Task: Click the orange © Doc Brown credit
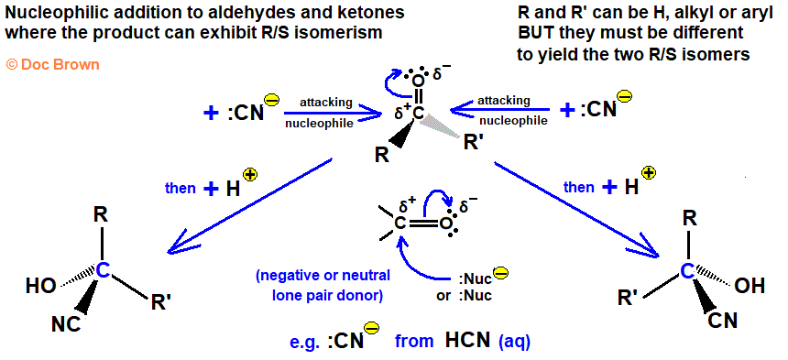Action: tap(53, 64)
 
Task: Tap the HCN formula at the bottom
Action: tap(467, 341)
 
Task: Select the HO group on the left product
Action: tap(41, 286)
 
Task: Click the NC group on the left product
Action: tap(66, 325)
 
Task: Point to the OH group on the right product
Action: tap(750, 286)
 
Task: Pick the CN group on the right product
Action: tap(723, 320)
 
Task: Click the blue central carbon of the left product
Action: tap(103, 271)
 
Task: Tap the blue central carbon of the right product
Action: tap(687, 271)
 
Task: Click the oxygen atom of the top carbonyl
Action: tap(418, 81)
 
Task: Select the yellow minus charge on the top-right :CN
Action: tap(625, 96)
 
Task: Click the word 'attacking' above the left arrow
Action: tap(325, 103)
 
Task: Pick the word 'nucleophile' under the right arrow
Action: tap(512, 121)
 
